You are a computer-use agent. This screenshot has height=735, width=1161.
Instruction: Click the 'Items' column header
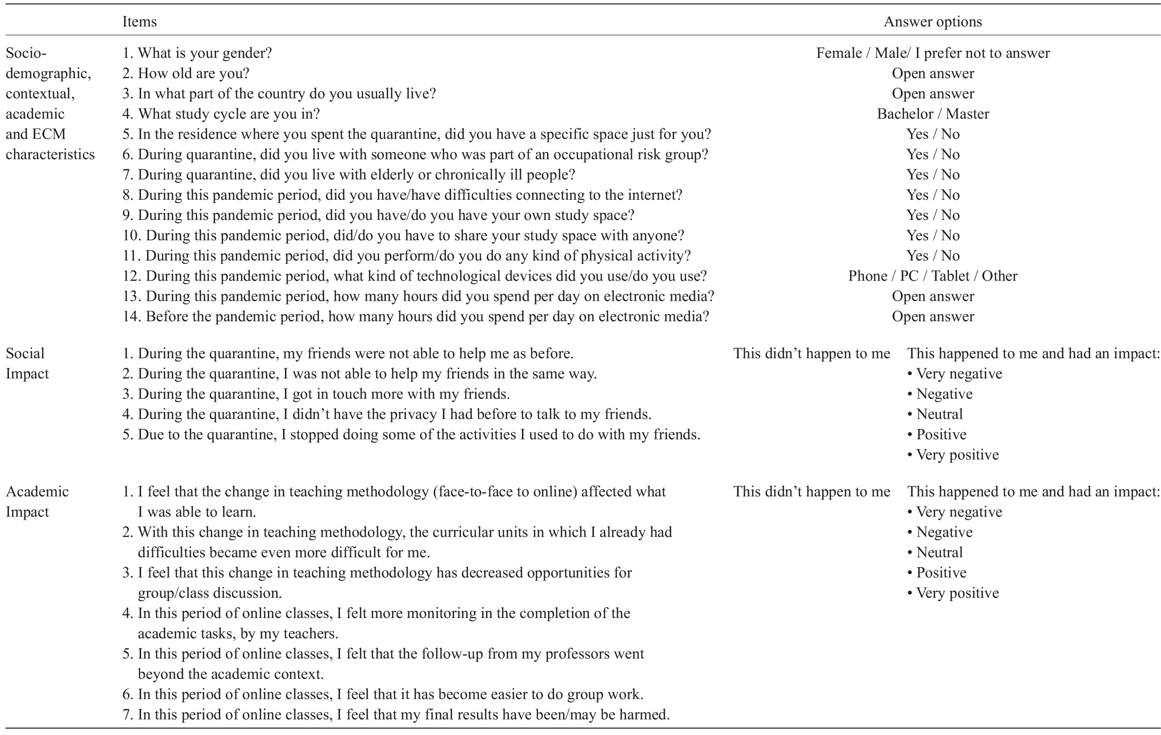(x=139, y=22)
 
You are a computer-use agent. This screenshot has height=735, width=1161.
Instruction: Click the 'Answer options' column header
(x=932, y=22)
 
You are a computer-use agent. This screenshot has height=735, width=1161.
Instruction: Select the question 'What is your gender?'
(x=197, y=53)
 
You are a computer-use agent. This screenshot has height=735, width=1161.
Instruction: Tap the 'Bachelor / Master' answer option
(x=932, y=114)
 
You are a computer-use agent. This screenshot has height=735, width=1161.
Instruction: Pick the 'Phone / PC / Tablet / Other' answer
(x=932, y=276)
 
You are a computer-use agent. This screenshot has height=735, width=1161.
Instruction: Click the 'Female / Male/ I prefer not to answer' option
(x=932, y=53)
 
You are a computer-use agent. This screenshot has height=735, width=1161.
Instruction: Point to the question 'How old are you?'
(x=186, y=73)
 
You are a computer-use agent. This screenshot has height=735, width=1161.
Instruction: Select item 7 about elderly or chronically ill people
(x=348, y=174)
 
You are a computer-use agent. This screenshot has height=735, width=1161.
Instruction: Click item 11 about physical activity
(x=406, y=256)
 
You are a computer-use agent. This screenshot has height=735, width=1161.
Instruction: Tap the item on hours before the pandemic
(x=415, y=316)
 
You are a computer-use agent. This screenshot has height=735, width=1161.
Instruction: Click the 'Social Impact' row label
(x=27, y=363)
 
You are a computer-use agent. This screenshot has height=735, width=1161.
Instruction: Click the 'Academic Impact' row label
(x=37, y=501)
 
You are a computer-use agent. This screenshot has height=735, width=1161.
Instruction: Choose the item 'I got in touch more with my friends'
(x=316, y=394)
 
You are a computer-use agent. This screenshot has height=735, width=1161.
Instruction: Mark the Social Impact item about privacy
(x=386, y=414)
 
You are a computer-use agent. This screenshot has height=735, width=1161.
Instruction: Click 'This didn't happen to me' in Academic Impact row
(x=812, y=492)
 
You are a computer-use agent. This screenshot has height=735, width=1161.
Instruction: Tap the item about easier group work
(x=383, y=694)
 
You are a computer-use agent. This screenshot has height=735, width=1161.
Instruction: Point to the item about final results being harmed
(x=396, y=714)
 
